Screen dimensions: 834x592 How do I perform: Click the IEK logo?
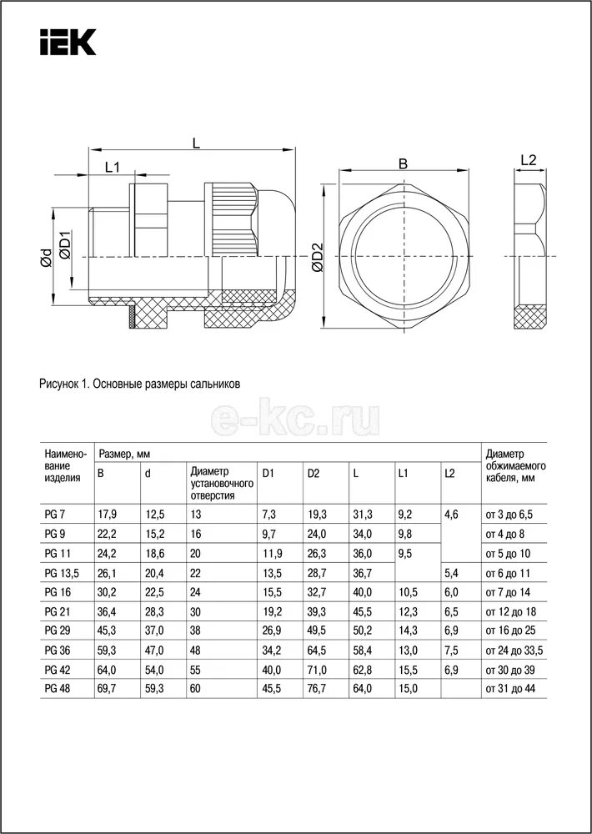[x=68, y=43]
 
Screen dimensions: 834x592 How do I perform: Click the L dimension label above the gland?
[x=195, y=143]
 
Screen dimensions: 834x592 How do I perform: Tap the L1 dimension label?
[x=112, y=167]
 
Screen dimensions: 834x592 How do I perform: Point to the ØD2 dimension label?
[x=317, y=259]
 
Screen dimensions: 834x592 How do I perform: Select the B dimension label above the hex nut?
[x=403, y=164]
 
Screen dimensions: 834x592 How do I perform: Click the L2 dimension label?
[x=528, y=160]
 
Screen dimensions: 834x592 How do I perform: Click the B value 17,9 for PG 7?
[x=107, y=515]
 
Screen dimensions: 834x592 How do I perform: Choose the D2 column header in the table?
[x=314, y=474]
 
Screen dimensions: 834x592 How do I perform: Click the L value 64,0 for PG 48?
[x=362, y=688]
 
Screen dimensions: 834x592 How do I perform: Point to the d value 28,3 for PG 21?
[x=154, y=611]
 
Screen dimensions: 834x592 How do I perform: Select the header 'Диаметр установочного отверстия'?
[x=221, y=483]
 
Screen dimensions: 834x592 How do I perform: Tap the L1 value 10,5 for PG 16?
[x=408, y=592]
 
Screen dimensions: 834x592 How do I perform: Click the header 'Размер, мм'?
[x=129, y=453]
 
